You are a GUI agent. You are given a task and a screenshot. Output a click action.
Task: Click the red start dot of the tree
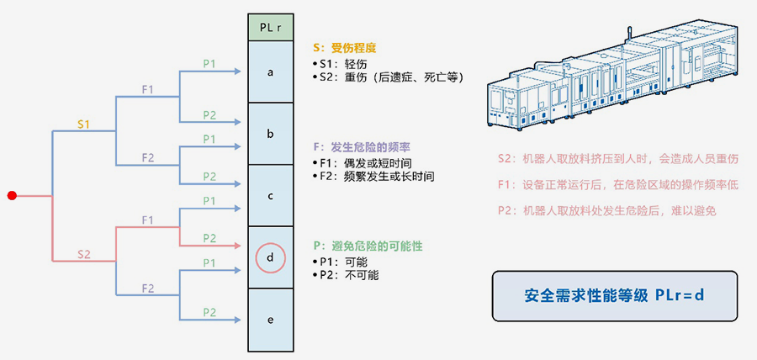pos(12,196)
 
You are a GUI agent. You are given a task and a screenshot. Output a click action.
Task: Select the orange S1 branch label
pos(84,124)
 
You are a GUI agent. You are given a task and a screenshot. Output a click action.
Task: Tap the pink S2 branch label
pos(84,254)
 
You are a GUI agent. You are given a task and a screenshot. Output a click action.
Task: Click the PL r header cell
pos(270,28)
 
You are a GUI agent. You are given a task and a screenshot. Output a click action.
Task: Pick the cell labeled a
pos(270,71)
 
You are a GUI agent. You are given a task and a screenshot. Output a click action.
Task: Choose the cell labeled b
pos(270,134)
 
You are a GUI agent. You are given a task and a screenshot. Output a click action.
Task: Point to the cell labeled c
pos(270,195)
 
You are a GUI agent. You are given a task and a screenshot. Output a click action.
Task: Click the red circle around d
pos(270,257)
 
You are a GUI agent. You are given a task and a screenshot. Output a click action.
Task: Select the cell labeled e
pos(270,320)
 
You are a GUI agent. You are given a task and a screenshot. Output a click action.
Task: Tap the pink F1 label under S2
pos(147,220)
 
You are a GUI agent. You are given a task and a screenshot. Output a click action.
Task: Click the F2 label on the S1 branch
pos(147,157)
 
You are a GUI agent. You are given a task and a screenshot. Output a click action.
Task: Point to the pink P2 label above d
pos(209,238)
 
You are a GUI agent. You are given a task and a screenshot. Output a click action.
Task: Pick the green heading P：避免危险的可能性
pos(367,246)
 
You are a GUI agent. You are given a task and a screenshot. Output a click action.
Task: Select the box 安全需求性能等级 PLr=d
pos(614,296)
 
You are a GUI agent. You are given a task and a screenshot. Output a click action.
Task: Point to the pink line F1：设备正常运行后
pos(618,185)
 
